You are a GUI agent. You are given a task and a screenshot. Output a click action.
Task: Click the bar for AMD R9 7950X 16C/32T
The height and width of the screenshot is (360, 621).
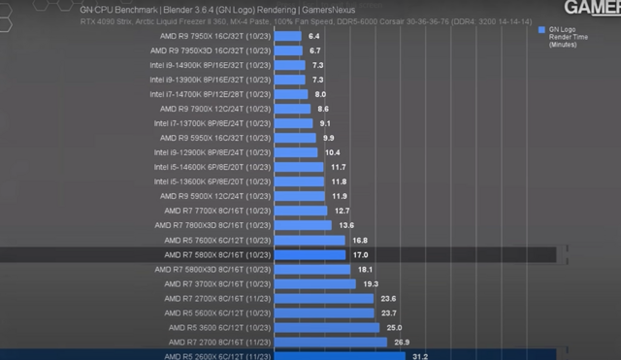pyautogui.click(x=288, y=36)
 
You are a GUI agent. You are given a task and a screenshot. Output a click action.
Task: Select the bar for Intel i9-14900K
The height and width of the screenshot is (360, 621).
pyautogui.click(x=290, y=65)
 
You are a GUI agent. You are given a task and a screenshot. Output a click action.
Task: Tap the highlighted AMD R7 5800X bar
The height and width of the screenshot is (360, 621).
pyautogui.click(x=310, y=255)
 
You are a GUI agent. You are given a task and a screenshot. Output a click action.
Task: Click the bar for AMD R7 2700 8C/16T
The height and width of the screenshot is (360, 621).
pyautogui.click(x=331, y=342)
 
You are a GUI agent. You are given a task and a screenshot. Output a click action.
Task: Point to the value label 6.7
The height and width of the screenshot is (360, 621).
pyautogui.click(x=315, y=50)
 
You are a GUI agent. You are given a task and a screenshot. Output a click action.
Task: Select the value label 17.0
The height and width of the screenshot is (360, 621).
pyautogui.click(x=358, y=255)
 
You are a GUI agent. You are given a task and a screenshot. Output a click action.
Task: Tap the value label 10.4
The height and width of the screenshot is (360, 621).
pyautogui.click(x=332, y=152)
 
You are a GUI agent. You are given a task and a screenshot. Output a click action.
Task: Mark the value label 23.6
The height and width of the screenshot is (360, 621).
pyautogui.click(x=388, y=298)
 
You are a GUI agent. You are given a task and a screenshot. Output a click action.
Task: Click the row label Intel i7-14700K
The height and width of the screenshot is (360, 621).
pyautogui.click(x=211, y=94)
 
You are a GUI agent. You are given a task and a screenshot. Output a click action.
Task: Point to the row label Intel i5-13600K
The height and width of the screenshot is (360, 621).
pyautogui.click(x=211, y=181)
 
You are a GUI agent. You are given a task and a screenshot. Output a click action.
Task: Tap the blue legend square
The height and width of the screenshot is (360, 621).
pyautogui.click(x=540, y=30)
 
